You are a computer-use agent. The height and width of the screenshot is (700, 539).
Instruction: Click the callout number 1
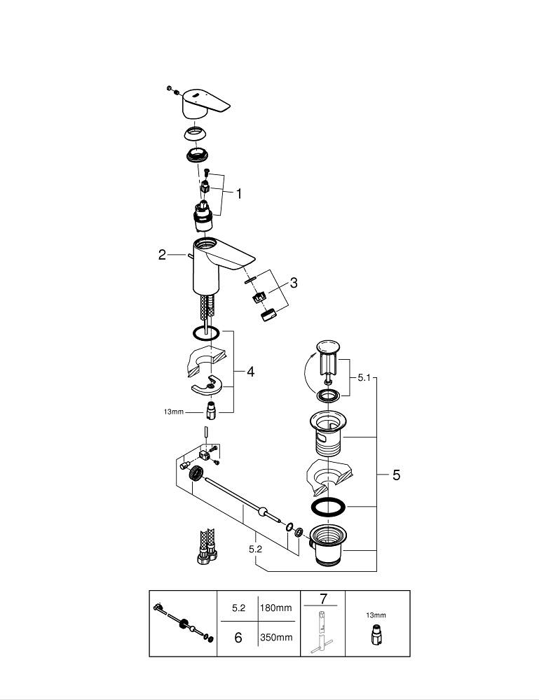pyautogui.click(x=238, y=194)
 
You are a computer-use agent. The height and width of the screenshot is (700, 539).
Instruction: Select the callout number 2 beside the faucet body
pyautogui.click(x=162, y=255)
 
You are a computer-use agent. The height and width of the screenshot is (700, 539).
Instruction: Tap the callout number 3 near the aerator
pyautogui.click(x=294, y=283)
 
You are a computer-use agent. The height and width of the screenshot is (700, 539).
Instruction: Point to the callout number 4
pyautogui.click(x=250, y=372)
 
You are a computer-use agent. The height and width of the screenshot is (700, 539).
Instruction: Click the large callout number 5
pyautogui.click(x=396, y=475)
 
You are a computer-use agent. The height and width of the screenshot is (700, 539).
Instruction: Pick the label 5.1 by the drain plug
pyautogui.click(x=363, y=377)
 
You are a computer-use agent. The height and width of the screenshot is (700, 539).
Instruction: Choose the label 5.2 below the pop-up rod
pyautogui.click(x=255, y=549)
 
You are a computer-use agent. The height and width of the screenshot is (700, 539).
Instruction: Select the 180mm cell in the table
pyautogui.click(x=276, y=608)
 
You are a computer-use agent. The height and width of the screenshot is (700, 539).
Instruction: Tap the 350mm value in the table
pyautogui.click(x=276, y=638)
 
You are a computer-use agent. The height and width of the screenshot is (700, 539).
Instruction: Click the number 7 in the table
pyautogui.click(x=323, y=598)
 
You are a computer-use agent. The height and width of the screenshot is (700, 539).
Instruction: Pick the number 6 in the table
pyautogui.click(x=238, y=638)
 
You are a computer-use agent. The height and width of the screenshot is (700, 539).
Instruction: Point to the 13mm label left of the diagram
pyautogui.click(x=172, y=412)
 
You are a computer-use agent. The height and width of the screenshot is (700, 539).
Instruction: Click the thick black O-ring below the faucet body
pyautogui.click(x=205, y=333)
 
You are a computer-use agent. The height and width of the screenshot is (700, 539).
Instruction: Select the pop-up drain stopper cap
pyautogui.click(x=327, y=347)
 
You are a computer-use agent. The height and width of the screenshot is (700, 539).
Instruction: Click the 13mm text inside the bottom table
pyautogui.click(x=376, y=615)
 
